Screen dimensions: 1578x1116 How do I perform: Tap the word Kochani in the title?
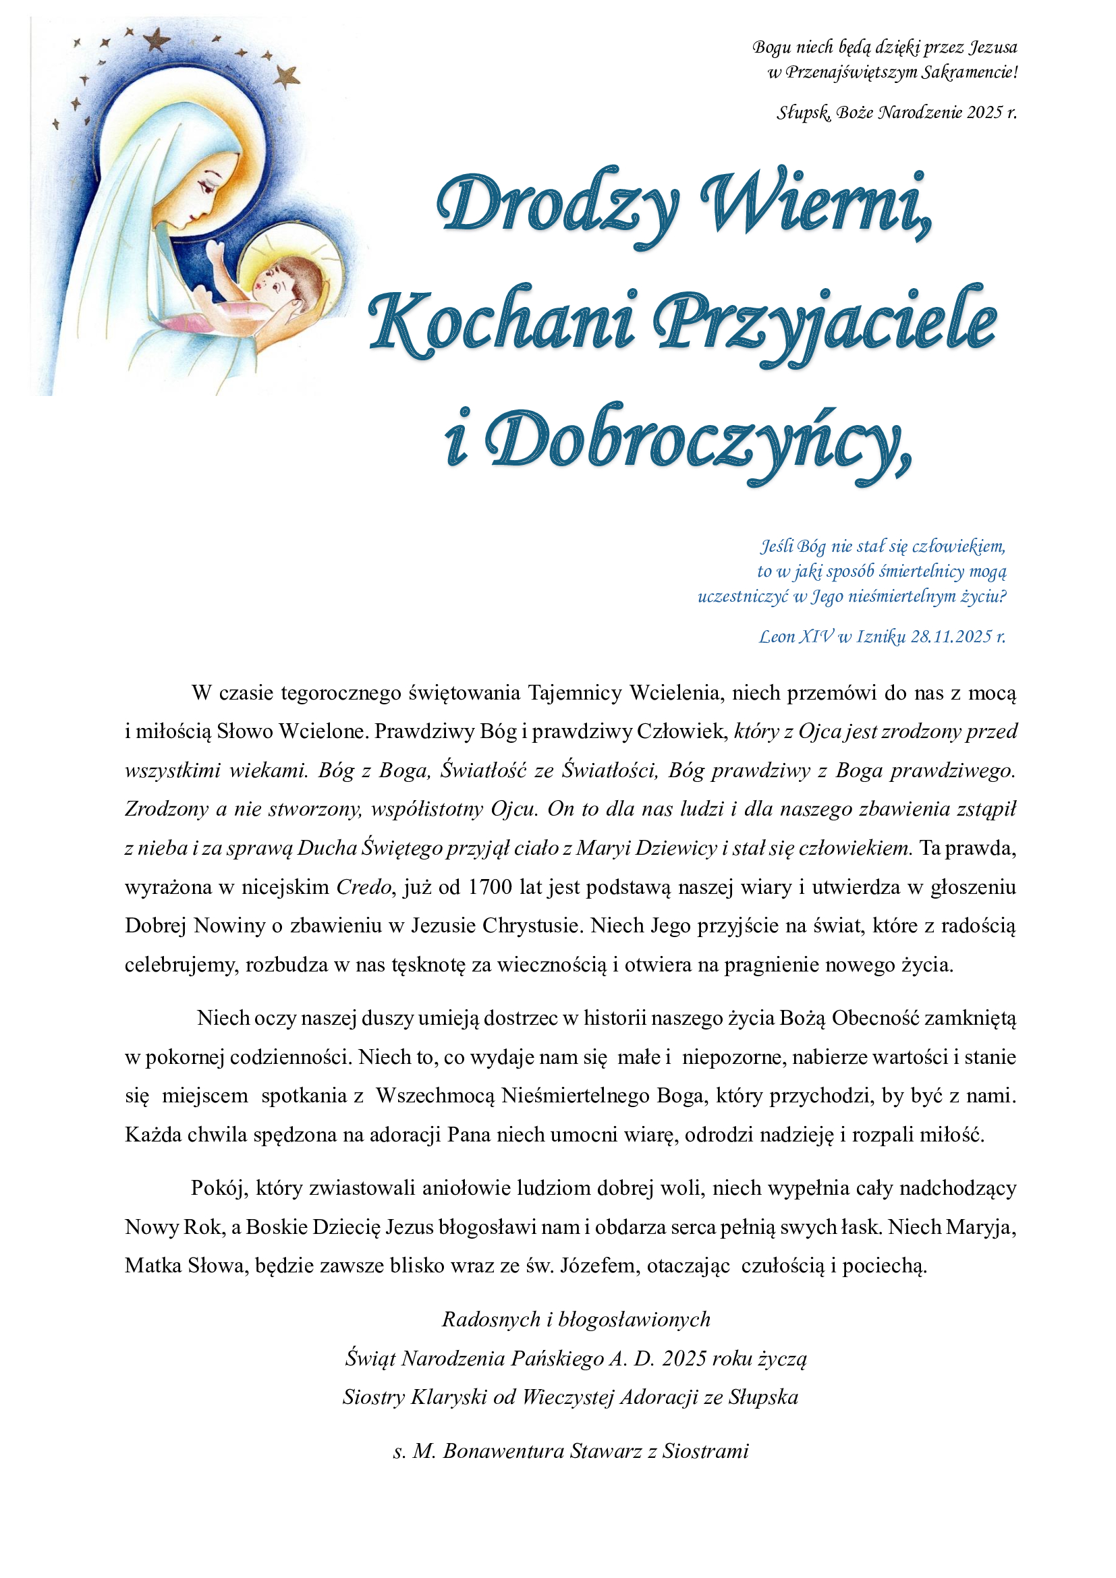point(501,322)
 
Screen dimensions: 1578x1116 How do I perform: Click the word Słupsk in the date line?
point(802,112)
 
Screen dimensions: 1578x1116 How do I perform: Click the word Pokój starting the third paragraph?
point(220,1187)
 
